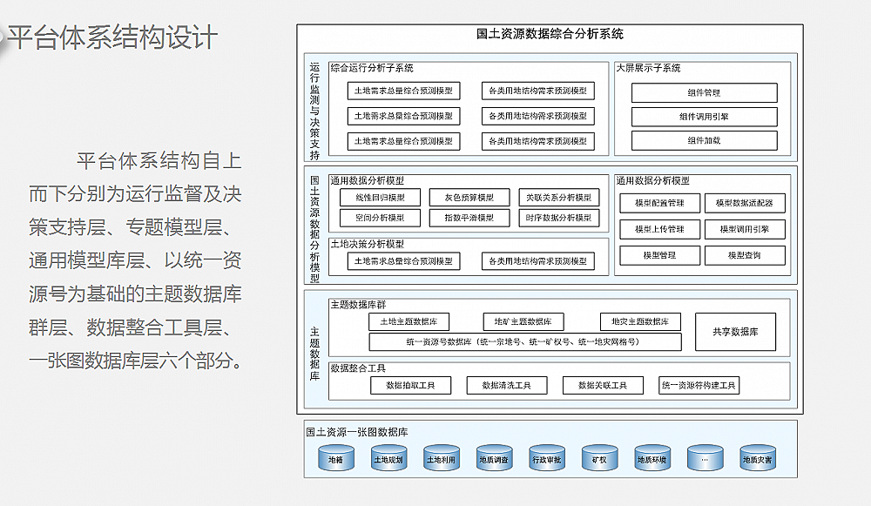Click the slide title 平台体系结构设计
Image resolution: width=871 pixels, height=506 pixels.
coord(111,38)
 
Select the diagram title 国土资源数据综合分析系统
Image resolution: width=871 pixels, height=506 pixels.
coord(550,35)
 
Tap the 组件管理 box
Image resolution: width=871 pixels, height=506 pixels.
coord(704,92)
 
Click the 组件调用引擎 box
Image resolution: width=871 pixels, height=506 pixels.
coord(704,116)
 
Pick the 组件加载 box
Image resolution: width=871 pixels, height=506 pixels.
coord(704,140)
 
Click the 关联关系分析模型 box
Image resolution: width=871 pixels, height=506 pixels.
coord(558,198)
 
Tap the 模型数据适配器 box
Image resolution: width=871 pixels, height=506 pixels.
coord(745,203)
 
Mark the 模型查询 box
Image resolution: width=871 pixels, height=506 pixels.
coord(745,255)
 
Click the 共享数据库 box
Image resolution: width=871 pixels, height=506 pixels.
coord(735,332)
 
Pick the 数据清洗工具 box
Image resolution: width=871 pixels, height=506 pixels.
coord(506,385)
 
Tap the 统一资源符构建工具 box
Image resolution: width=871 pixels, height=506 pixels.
coord(699,385)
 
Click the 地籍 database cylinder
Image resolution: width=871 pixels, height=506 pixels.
coord(335,459)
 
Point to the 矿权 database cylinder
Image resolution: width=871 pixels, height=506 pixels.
coord(599,459)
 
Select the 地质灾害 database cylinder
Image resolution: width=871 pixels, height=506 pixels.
coord(757,459)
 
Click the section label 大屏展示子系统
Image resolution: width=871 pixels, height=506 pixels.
coord(649,68)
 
